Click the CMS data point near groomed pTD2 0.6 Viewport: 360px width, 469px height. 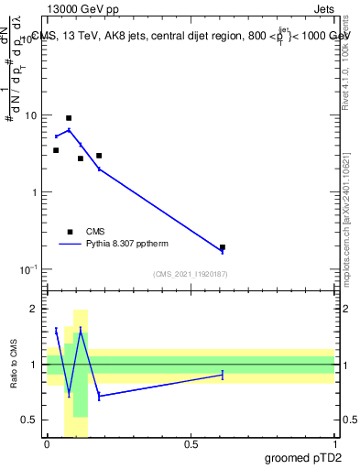tap(223, 247)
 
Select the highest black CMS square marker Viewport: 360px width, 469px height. tap(69, 118)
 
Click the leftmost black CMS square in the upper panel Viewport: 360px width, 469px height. tap(56, 150)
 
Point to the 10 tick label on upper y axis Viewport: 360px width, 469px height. tap(31, 116)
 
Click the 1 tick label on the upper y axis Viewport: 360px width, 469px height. tap(34, 192)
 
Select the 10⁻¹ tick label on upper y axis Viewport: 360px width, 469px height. tap(29, 269)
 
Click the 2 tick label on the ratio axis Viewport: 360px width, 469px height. tap(34, 309)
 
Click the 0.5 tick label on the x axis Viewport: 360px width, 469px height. tap(191, 444)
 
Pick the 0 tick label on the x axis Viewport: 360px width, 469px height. tap(47, 444)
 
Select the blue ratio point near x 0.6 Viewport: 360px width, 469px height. tap(223, 375)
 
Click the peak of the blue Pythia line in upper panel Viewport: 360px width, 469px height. tap(69, 130)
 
